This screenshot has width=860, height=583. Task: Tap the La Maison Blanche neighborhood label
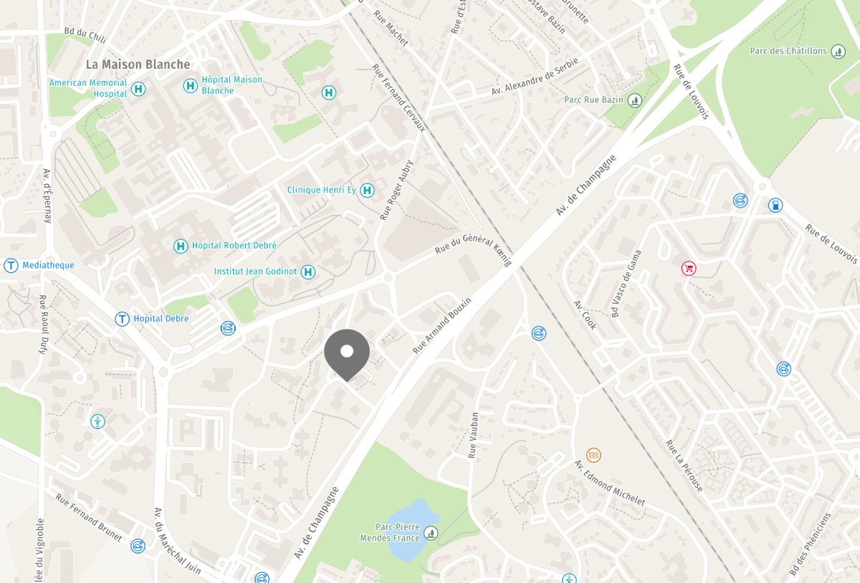(138, 64)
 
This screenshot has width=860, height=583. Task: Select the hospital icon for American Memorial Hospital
(139, 89)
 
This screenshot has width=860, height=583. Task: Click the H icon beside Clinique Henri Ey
(367, 190)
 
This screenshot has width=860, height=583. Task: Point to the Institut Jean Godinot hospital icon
(308, 271)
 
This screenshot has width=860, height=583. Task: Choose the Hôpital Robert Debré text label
(234, 246)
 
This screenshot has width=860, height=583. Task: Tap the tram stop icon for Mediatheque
(11, 266)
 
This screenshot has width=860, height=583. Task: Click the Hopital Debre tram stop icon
(123, 319)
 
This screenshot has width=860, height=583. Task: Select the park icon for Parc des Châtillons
(838, 52)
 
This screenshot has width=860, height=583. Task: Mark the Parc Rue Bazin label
(593, 100)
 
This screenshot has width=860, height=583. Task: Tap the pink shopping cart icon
(688, 269)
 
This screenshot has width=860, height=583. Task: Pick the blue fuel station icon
(775, 206)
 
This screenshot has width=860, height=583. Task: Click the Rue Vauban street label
(473, 435)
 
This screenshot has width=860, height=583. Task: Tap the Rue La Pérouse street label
(684, 466)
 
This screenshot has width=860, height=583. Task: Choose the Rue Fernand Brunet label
(89, 515)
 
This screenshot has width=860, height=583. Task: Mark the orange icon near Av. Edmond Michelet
(593, 455)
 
